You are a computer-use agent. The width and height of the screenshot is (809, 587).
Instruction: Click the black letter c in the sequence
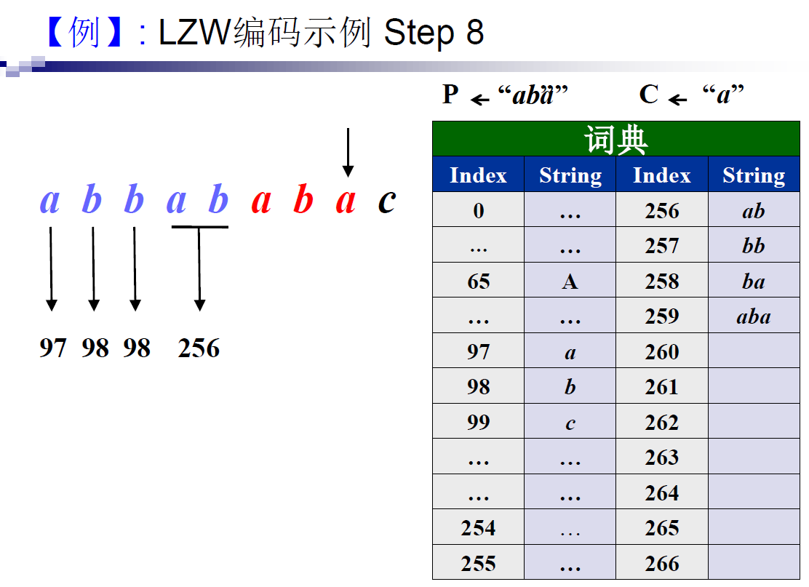(x=387, y=201)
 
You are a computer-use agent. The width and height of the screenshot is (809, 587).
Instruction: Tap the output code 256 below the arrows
(x=199, y=348)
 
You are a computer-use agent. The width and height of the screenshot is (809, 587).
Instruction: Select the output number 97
(x=52, y=348)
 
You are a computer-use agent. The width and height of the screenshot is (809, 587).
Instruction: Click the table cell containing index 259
(x=661, y=316)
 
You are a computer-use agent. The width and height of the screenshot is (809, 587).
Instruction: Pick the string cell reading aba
(x=753, y=316)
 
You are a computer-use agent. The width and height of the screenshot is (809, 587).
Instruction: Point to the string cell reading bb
(x=753, y=246)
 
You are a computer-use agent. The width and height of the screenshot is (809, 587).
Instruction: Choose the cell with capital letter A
(x=570, y=281)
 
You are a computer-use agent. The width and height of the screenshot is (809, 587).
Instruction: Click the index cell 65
(x=478, y=281)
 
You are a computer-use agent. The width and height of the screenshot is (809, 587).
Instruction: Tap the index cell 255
(x=478, y=564)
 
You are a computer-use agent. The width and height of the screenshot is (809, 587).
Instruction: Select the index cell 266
(x=661, y=564)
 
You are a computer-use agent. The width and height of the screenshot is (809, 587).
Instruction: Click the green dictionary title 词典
(x=615, y=140)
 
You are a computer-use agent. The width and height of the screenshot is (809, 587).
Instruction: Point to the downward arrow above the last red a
(x=348, y=153)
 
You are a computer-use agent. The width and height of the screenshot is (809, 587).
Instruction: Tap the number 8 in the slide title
(x=474, y=33)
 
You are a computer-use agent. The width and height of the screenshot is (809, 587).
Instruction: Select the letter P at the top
(x=451, y=95)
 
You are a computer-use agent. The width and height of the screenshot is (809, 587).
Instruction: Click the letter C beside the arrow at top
(x=649, y=95)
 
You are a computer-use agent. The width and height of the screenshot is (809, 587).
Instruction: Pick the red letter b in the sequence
(x=303, y=201)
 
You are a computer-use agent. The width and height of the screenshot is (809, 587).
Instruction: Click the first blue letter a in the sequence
(x=49, y=201)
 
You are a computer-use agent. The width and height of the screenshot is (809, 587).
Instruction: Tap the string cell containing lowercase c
(x=570, y=423)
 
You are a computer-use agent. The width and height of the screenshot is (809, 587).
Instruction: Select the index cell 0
(x=478, y=211)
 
